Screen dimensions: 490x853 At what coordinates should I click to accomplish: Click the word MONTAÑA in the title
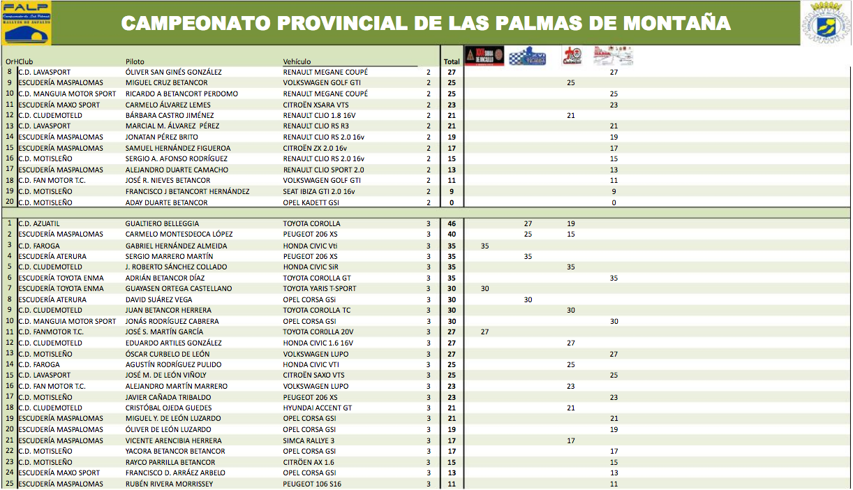tap(676, 23)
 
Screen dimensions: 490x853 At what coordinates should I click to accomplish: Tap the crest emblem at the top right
tap(826, 23)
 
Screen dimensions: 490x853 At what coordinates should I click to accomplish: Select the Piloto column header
tap(135, 61)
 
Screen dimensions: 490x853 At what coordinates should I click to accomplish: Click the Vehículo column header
tap(297, 61)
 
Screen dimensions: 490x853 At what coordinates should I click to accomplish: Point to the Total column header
tap(452, 61)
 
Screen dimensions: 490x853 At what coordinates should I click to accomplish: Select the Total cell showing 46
tap(452, 224)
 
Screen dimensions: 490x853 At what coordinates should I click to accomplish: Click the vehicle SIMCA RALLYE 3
tap(309, 440)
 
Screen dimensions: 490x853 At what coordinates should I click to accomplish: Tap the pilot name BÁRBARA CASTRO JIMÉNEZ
tap(169, 115)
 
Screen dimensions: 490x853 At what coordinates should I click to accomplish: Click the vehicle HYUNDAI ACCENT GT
tap(318, 408)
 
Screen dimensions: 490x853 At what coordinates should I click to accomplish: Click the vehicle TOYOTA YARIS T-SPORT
tap(319, 288)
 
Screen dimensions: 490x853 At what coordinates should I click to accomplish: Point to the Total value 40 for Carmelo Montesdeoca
tap(452, 235)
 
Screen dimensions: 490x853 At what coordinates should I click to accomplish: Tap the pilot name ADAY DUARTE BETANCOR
tap(166, 202)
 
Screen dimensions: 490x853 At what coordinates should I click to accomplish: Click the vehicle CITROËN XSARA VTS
tap(316, 105)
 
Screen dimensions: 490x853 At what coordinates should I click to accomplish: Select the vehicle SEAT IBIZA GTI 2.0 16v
tap(318, 191)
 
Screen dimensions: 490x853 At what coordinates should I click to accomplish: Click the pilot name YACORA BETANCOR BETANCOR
tap(175, 451)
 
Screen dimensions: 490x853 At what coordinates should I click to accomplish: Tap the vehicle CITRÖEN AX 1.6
tap(309, 462)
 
